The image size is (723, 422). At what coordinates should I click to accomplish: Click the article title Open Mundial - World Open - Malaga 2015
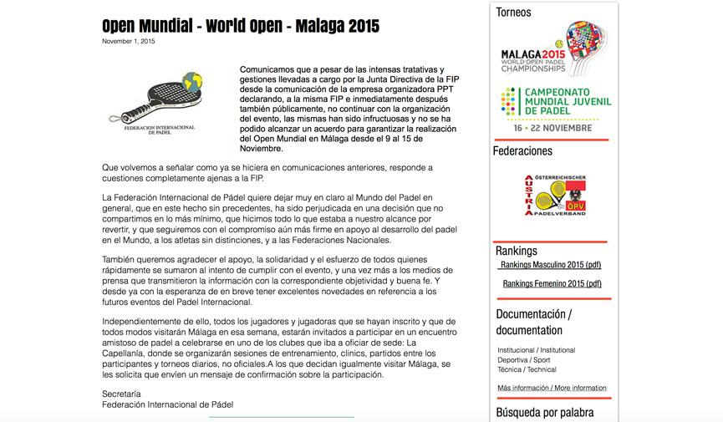tap(241, 25)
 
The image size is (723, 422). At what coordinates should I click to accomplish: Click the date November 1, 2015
tap(129, 41)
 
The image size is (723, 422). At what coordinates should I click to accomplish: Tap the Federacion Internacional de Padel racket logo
tap(159, 104)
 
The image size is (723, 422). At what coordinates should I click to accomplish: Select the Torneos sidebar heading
tap(513, 13)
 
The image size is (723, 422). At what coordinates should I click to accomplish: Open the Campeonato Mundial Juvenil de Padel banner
tap(556, 102)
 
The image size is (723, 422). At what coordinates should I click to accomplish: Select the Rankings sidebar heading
tap(517, 251)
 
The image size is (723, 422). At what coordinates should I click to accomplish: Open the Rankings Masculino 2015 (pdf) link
tap(551, 265)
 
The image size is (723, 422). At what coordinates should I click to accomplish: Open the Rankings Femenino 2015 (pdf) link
tap(552, 283)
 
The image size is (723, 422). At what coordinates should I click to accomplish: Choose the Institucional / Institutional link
tap(536, 350)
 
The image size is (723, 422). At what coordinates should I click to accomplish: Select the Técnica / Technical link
tap(527, 369)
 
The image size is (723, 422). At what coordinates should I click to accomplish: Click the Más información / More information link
tap(552, 388)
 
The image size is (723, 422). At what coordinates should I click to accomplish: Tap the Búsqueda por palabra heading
tap(545, 412)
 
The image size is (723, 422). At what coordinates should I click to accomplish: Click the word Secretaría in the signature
tap(121, 394)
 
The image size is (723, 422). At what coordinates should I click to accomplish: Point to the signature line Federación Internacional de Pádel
tap(167, 404)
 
